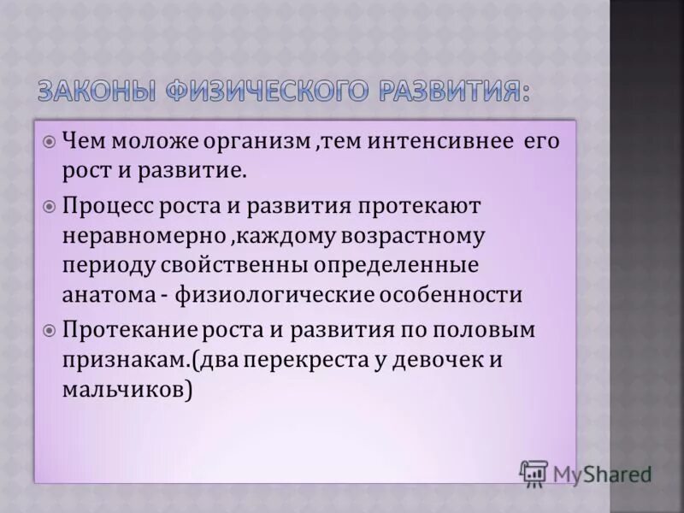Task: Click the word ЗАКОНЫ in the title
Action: pyautogui.click(x=95, y=90)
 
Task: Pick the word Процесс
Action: pyautogui.click(x=107, y=206)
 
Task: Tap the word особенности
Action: pyautogui.click(x=461, y=295)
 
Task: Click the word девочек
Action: pyautogui.click(x=436, y=359)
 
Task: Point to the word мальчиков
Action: pyautogui.click(x=123, y=389)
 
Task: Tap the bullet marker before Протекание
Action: pyautogui.click(x=49, y=330)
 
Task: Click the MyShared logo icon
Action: pyautogui.click(x=534, y=473)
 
